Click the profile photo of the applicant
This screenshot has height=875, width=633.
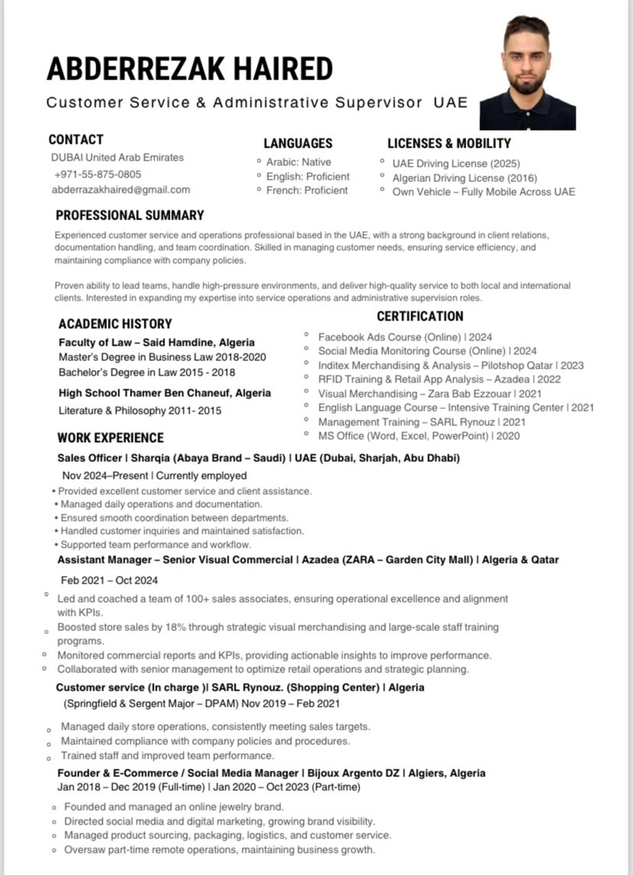click(527, 73)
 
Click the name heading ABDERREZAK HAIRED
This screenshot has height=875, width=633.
click(190, 69)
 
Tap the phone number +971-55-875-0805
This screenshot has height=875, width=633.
click(98, 174)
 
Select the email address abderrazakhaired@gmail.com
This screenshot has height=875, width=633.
click(121, 190)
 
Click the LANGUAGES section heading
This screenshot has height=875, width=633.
click(298, 143)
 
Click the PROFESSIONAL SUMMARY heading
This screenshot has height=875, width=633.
click(130, 215)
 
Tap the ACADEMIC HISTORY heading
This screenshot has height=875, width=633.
click(115, 324)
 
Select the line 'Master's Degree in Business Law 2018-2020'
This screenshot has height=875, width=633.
click(162, 357)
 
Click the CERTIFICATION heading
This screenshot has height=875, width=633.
click(420, 316)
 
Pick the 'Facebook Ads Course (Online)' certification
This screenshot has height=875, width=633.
click(405, 337)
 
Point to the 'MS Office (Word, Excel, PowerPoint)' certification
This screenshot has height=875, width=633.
click(419, 436)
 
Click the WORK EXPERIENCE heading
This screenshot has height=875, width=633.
click(111, 437)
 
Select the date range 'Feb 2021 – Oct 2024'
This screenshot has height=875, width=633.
click(109, 581)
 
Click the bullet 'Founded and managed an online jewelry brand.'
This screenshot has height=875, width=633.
click(174, 807)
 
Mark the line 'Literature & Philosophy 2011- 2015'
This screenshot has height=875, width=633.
click(140, 411)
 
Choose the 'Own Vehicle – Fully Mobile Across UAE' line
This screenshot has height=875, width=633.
click(483, 192)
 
